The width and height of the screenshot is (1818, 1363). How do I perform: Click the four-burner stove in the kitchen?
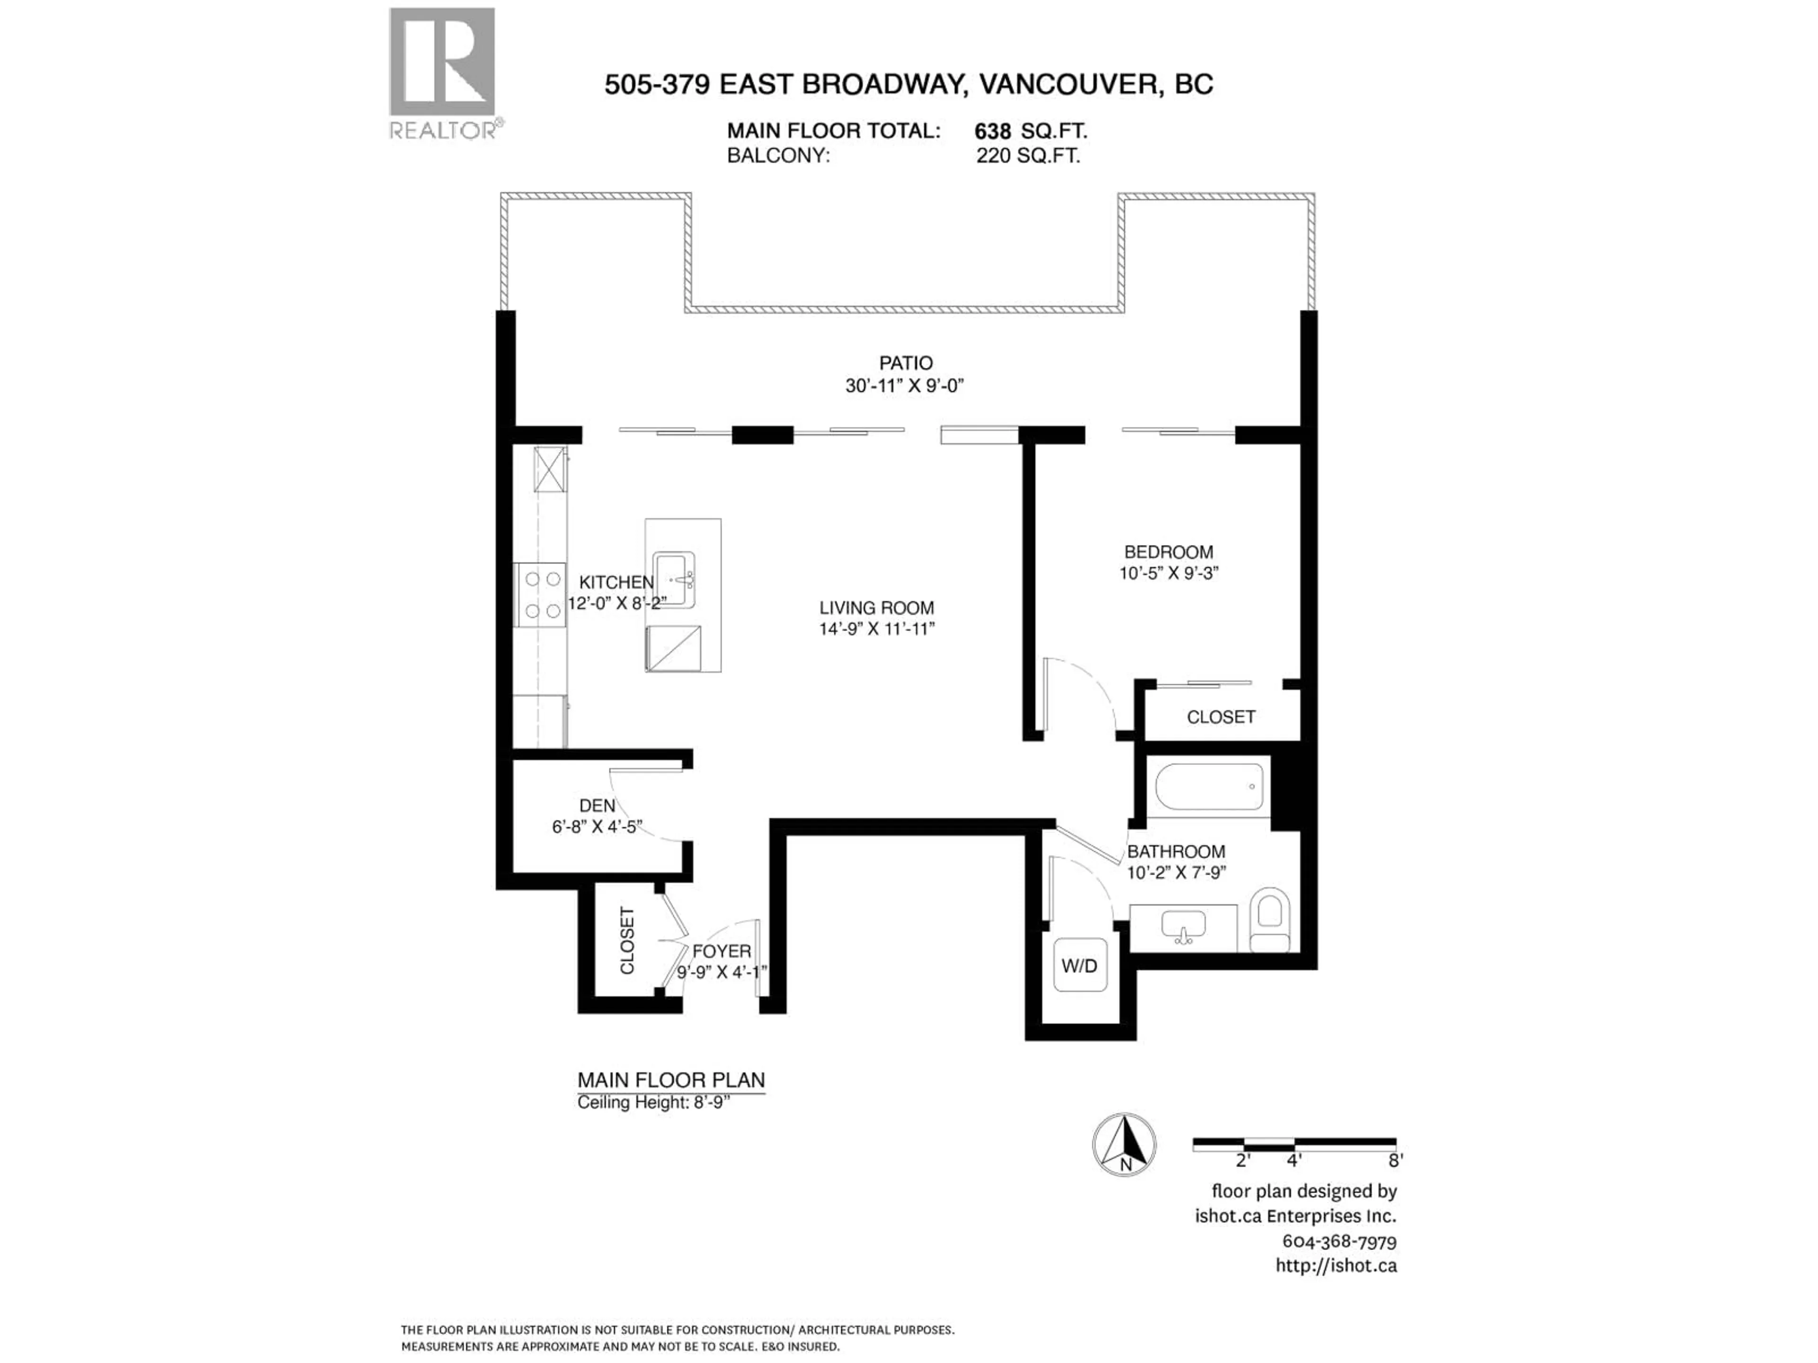[540, 595]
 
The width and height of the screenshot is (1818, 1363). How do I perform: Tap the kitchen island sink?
[675, 580]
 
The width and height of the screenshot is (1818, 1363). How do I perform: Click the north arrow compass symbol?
[1124, 1144]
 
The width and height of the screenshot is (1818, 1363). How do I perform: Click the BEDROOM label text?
[1168, 552]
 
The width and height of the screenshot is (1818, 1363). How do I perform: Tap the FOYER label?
[722, 951]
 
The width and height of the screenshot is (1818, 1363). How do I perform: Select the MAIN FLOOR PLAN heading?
[671, 1080]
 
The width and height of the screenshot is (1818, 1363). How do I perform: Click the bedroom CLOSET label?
[1221, 717]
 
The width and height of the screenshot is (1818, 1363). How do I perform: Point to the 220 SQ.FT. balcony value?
[1027, 156]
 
